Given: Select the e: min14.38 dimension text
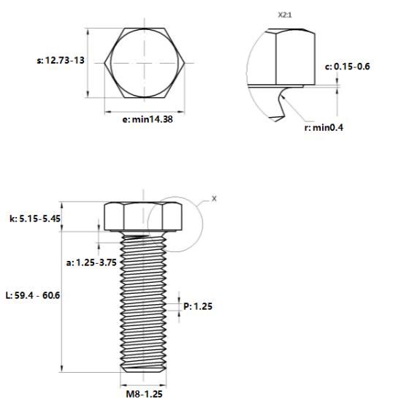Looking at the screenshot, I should pos(148,119).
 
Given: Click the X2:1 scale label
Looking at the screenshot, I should pos(288,15).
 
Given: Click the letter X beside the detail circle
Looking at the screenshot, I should pos(214,197).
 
